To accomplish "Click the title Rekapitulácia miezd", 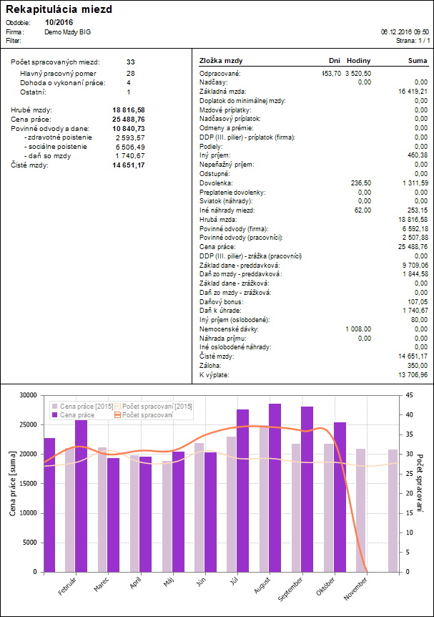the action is point(59,9).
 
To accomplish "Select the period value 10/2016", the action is point(59,23).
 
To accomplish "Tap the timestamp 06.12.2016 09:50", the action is point(405,32).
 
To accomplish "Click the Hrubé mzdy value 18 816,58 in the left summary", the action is point(129,110).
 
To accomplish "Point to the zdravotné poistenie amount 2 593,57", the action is point(130,137).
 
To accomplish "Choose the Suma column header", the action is point(418,61).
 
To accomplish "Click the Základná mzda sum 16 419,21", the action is point(413,92).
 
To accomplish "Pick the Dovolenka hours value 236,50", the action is point(361,183).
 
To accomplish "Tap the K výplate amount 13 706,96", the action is point(413,375).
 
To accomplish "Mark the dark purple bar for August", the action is point(275,488).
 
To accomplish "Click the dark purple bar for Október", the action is point(340,497).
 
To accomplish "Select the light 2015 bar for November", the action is point(361,510).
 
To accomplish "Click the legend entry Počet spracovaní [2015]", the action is point(153,406).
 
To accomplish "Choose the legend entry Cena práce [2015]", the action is point(82,406).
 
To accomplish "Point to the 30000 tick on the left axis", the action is point(29,395).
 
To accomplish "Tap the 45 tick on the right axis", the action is point(409,395).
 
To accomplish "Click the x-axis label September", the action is point(291,588).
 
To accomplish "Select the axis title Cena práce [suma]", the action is point(13,483).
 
